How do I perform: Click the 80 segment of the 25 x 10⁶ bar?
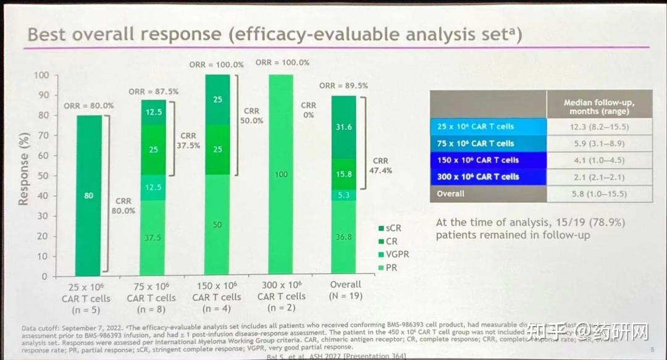89,196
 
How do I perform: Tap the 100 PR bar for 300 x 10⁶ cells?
280,175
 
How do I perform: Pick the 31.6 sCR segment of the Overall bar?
344,127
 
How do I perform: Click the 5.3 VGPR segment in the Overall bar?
344,195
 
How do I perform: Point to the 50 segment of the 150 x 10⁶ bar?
217,225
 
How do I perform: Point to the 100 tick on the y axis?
41,75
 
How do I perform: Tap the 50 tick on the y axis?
43,176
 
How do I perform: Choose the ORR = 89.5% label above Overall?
344,86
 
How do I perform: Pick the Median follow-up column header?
599,107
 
